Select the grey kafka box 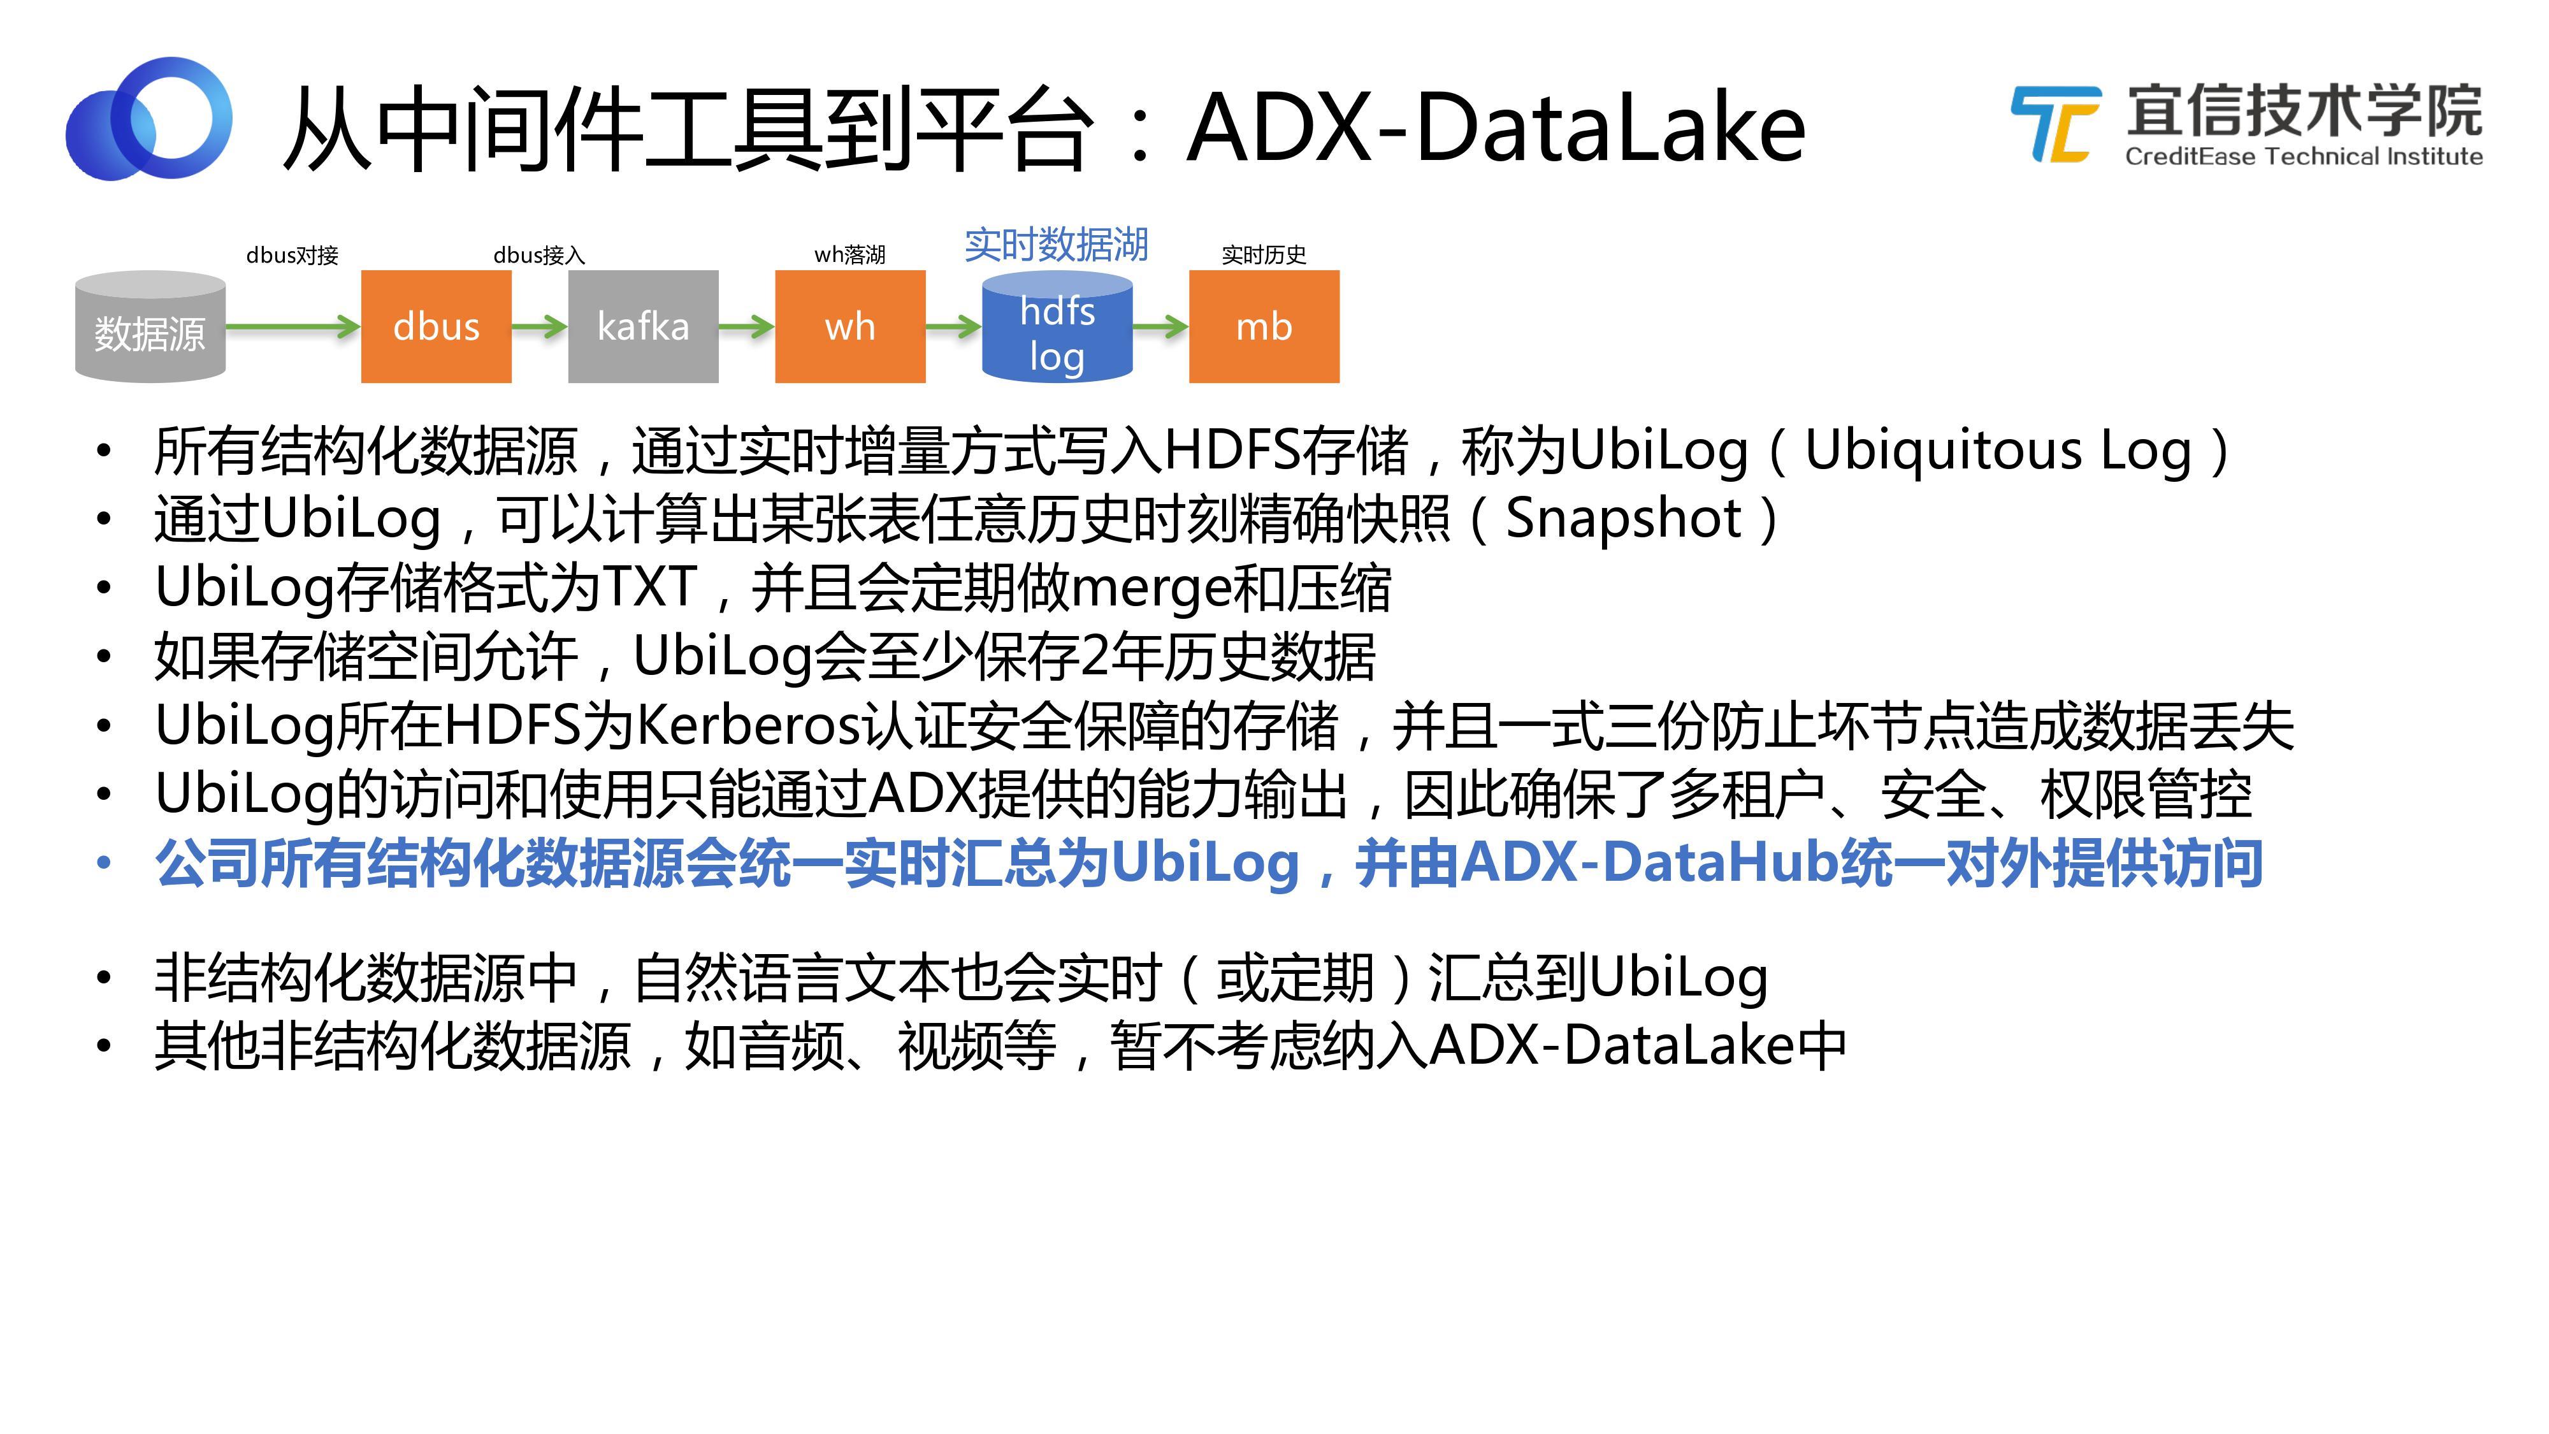point(642,326)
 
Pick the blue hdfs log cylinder point(1056,329)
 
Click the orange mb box point(1264,326)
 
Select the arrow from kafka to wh point(746,326)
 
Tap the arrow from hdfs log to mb point(1160,326)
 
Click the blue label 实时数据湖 point(1056,245)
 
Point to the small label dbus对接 point(292,256)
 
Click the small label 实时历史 point(1264,256)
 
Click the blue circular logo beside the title point(149,119)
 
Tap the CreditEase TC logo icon point(2055,124)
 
